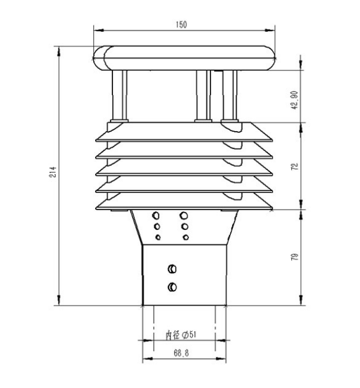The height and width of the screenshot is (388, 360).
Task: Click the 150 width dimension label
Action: pos(182,25)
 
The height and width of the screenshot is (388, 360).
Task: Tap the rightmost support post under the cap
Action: pos(230,96)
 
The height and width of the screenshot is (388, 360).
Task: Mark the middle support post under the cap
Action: pos(203,96)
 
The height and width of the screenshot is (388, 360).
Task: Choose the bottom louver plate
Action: pos(185,205)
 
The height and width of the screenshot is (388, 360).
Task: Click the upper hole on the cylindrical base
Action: pos(172,268)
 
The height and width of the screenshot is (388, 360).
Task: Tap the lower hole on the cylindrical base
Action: pos(172,287)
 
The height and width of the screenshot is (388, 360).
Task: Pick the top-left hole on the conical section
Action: pos(156,215)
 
